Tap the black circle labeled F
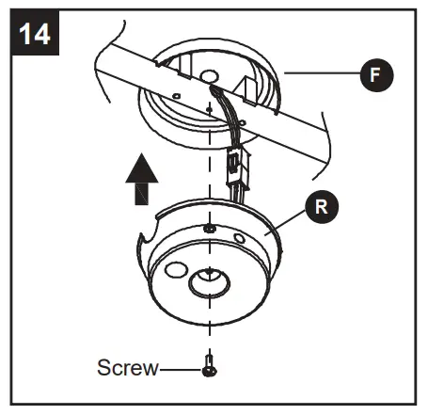tap(375, 78)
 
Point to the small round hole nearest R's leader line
tap(241, 239)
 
